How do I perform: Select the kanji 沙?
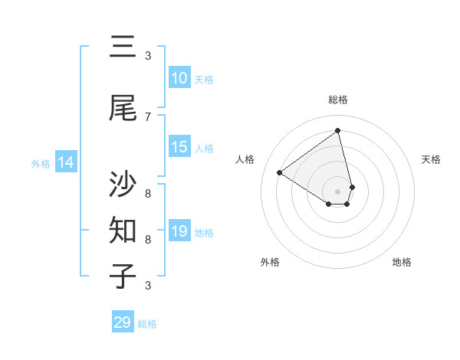click(x=123, y=185)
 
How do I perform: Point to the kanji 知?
click(x=123, y=231)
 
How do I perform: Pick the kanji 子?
click(x=123, y=277)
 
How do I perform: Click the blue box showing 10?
click(x=179, y=78)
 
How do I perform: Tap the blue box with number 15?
click(x=179, y=148)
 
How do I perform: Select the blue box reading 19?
click(x=179, y=231)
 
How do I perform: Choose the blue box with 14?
click(x=66, y=162)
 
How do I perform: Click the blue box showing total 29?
click(x=123, y=322)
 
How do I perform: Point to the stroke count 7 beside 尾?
click(x=148, y=116)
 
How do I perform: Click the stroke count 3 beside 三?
click(x=148, y=55)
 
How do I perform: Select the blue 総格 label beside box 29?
click(x=147, y=324)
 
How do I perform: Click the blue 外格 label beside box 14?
click(x=41, y=163)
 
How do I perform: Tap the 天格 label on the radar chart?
click(x=431, y=159)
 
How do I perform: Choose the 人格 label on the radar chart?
click(x=245, y=159)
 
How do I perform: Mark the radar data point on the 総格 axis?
click(x=338, y=130)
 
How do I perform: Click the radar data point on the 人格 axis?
click(x=280, y=172)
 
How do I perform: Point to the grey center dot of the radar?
click(x=338, y=191)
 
